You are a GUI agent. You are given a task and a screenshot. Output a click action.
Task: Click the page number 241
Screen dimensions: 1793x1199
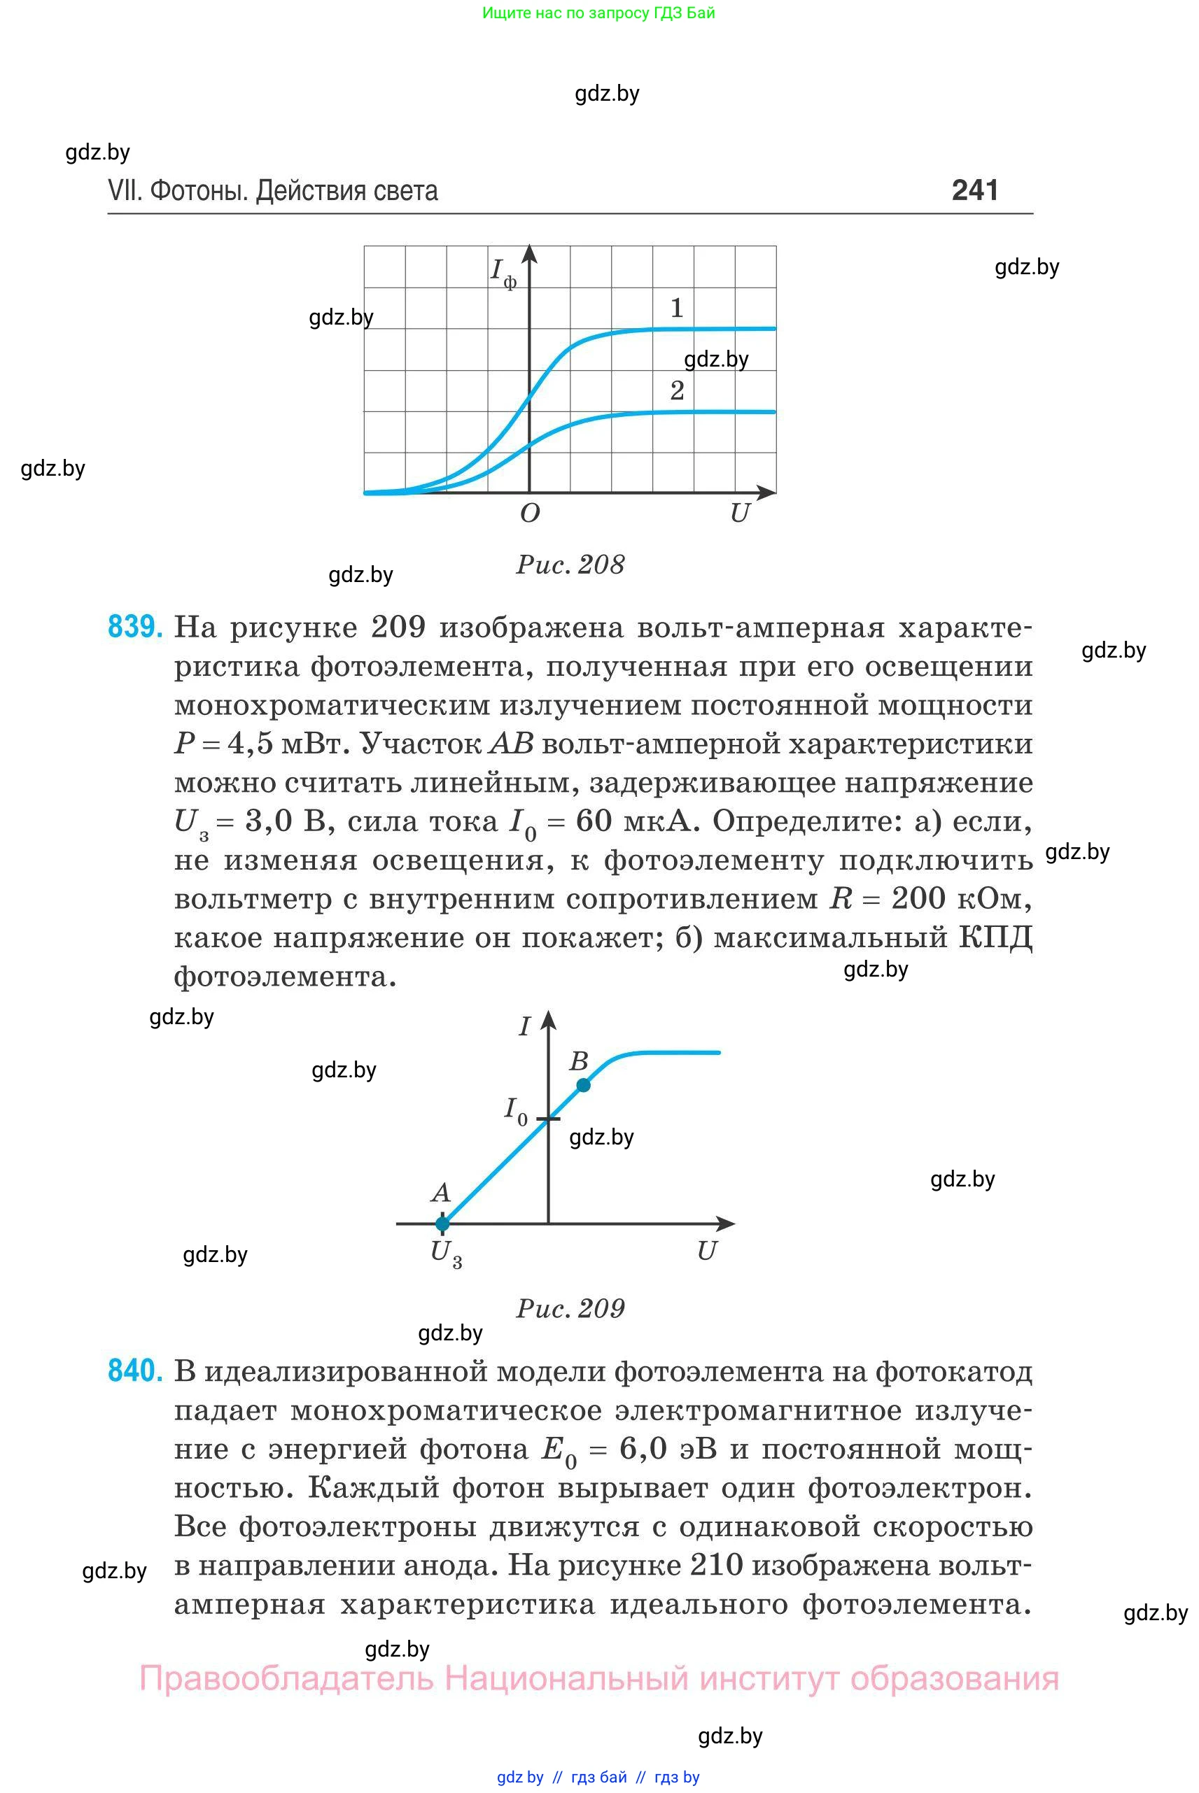974,190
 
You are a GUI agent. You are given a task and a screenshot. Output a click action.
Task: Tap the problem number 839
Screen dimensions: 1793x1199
134,627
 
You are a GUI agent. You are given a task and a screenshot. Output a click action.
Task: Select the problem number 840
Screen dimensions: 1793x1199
134,1370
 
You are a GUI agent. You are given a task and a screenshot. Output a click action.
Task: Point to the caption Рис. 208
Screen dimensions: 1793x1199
570,565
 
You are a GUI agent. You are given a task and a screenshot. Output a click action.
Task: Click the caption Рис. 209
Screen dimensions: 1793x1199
570,1308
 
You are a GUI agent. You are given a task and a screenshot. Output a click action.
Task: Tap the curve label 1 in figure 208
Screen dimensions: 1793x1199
677,308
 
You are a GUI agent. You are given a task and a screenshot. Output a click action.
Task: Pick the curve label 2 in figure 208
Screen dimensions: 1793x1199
677,390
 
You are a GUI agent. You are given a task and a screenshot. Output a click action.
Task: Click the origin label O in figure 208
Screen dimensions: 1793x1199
530,513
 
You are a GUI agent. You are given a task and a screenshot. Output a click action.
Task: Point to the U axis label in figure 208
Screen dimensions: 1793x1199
739,513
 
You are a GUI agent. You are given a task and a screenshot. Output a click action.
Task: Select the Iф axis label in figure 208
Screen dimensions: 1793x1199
503,273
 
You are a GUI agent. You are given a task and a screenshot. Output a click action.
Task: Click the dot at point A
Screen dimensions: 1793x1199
442,1224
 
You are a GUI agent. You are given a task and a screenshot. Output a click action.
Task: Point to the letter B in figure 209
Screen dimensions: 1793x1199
579,1061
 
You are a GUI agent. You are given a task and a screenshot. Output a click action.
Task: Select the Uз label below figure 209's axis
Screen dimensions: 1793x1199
446,1254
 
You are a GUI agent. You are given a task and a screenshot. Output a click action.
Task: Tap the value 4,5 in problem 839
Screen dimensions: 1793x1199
250,744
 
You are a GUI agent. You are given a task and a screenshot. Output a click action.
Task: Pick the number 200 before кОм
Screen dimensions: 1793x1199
918,898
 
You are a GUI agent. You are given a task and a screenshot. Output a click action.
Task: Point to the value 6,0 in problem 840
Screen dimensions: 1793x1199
643,1448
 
